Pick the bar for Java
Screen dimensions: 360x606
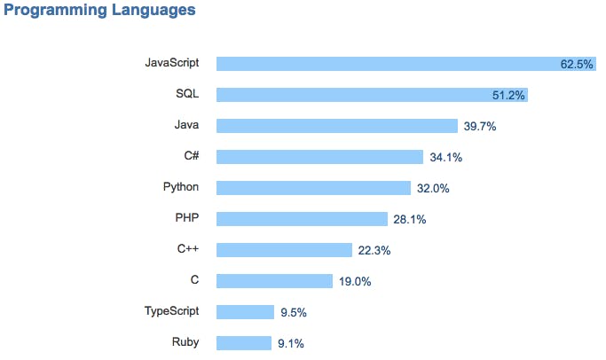point(336,126)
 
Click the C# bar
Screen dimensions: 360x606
point(319,157)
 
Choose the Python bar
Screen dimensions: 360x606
point(313,188)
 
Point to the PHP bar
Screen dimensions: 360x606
point(302,219)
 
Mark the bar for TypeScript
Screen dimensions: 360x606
point(245,312)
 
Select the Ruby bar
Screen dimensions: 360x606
point(244,343)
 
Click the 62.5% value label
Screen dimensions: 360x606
point(577,64)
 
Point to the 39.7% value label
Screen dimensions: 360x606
point(479,126)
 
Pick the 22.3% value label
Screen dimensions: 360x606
point(374,250)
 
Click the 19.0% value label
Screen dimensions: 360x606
point(354,281)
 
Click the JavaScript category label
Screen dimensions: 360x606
point(171,63)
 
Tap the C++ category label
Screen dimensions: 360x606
point(187,249)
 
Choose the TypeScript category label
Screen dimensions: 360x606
point(171,311)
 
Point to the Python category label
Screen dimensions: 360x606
point(181,187)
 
